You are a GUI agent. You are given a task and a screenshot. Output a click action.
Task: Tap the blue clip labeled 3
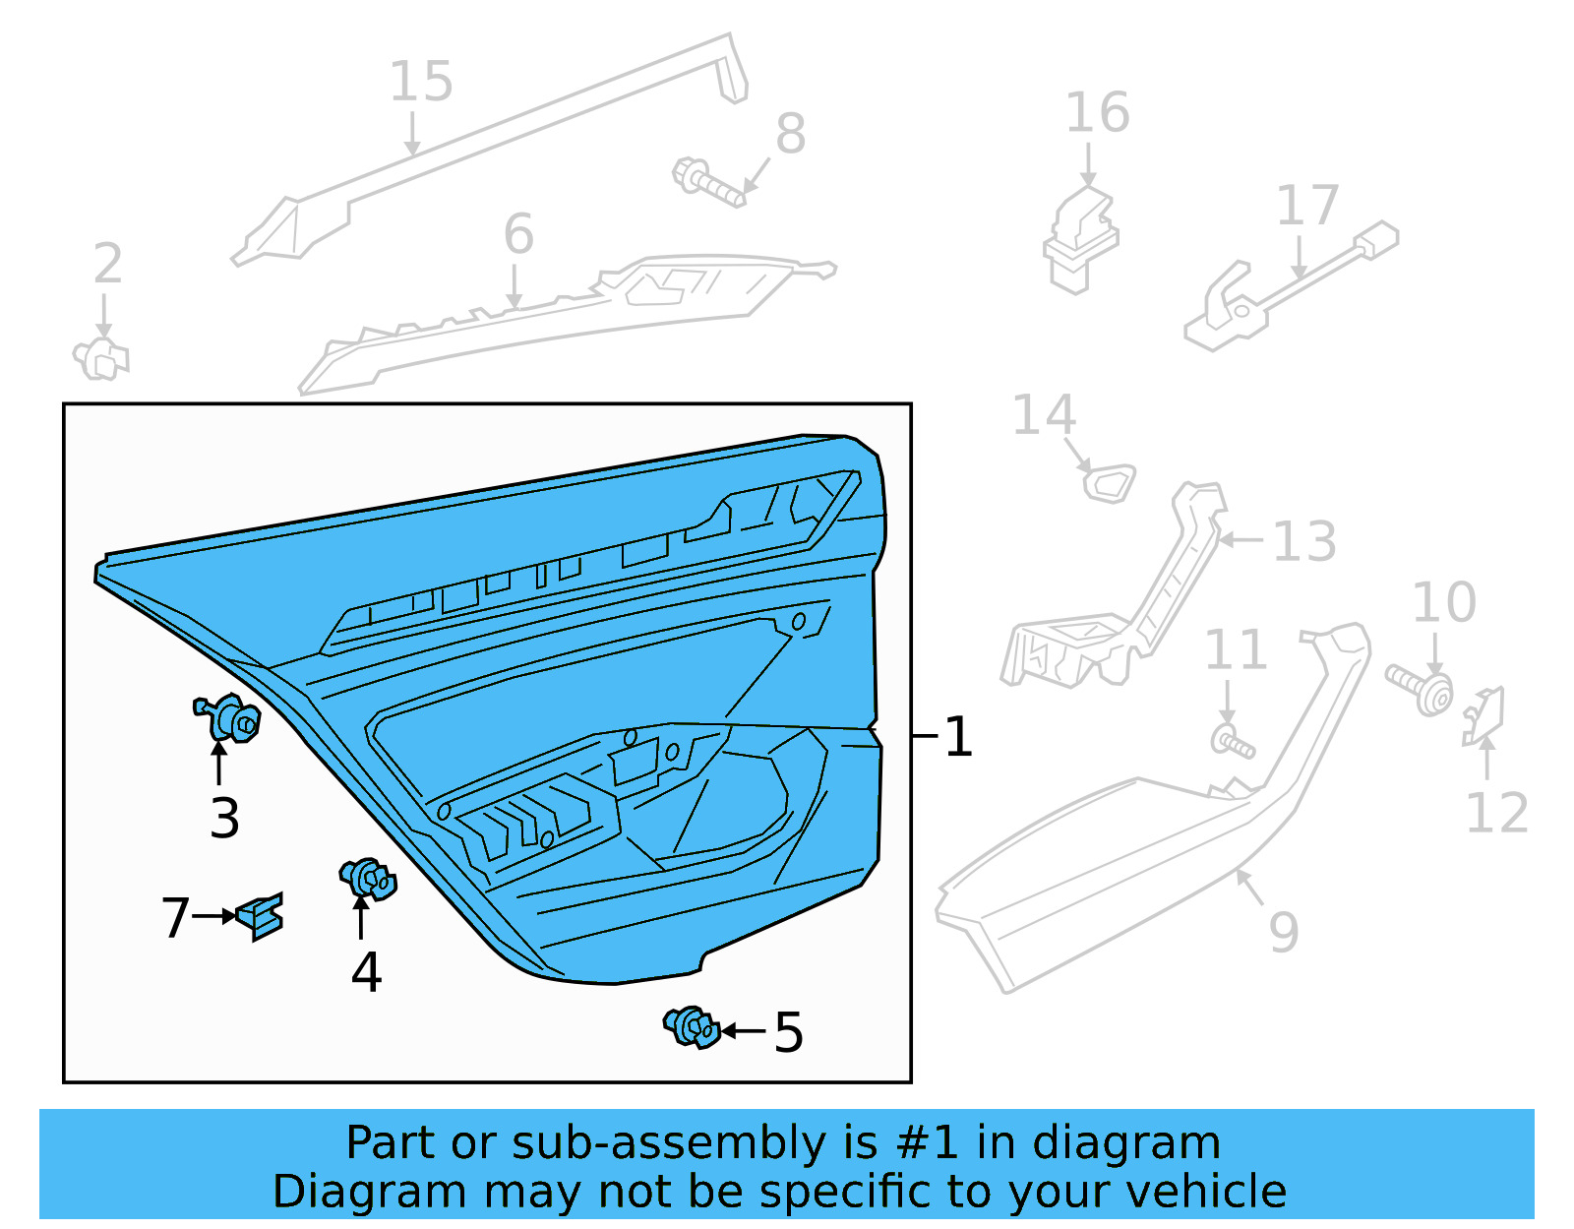pyautogui.click(x=229, y=717)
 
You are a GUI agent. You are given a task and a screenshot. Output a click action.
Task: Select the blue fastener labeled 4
pyautogui.click(x=368, y=878)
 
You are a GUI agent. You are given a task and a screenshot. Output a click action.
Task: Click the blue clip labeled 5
pyautogui.click(x=692, y=1027)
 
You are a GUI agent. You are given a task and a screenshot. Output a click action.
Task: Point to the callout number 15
pyautogui.click(x=421, y=82)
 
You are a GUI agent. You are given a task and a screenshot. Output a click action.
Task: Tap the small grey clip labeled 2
pyautogui.click(x=100, y=358)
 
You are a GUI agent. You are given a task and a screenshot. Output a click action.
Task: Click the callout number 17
pyautogui.click(x=1307, y=206)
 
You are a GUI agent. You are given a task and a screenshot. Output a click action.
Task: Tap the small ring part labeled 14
pyautogui.click(x=1109, y=483)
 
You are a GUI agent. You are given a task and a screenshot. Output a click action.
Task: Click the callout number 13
pyautogui.click(x=1303, y=541)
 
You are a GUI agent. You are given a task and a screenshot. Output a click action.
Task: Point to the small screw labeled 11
pyautogui.click(x=1232, y=742)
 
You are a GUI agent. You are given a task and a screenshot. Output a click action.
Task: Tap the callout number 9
pyautogui.click(x=1283, y=931)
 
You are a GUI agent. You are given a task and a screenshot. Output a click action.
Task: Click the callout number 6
pyautogui.click(x=518, y=235)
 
